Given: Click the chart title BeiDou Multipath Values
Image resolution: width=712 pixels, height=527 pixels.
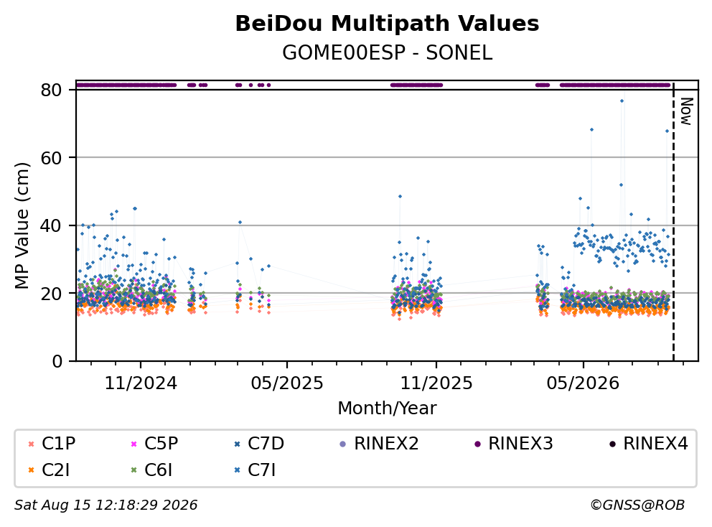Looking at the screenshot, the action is pyautogui.click(x=387, y=24).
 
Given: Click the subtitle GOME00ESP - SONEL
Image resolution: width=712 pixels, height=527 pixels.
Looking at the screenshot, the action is pyautogui.click(x=387, y=52).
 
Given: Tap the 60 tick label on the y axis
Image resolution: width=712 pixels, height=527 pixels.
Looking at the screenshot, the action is pyautogui.click(x=51, y=158).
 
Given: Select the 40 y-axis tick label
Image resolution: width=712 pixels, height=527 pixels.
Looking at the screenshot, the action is pyautogui.click(x=51, y=225).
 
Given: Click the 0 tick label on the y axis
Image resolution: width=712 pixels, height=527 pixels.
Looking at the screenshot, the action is pyautogui.click(x=57, y=361).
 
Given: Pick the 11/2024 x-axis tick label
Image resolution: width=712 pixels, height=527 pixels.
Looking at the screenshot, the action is pyautogui.click(x=141, y=383).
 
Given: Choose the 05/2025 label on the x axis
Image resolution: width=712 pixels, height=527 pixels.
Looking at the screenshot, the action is pyautogui.click(x=287, y=383).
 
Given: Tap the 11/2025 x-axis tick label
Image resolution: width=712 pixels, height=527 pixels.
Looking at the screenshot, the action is pyautogui.click(x=436, y=383).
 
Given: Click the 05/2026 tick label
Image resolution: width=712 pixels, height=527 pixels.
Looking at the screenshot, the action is pyautogui.click(x=583, y=383).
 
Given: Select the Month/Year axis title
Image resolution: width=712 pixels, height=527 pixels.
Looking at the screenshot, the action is pyautogui.click(x=387, y=408).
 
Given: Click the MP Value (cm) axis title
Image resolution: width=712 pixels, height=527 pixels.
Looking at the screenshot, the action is pyautogui.click(x=22, y=225).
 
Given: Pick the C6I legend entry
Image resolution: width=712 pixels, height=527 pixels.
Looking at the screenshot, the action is pyautogui.click(x=151, y=470).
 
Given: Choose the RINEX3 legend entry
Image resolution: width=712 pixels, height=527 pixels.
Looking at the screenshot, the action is pyautogui.click(x=514, y=444).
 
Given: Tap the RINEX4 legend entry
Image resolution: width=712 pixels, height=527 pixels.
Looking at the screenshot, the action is pyautogui.click(x=648, y=444).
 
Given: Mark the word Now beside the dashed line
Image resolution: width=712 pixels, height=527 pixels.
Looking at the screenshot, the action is pyautogui.click(x=686, y=111).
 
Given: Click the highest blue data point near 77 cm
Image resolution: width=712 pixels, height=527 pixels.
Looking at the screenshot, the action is pyautogui.click(x=622, y=101).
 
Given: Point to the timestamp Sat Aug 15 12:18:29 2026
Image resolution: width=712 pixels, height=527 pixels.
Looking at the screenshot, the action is pyautogui.click(x=106, y=505).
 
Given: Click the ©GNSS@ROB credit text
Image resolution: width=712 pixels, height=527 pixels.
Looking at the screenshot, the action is pyautogui.click(x=637, y=505).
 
